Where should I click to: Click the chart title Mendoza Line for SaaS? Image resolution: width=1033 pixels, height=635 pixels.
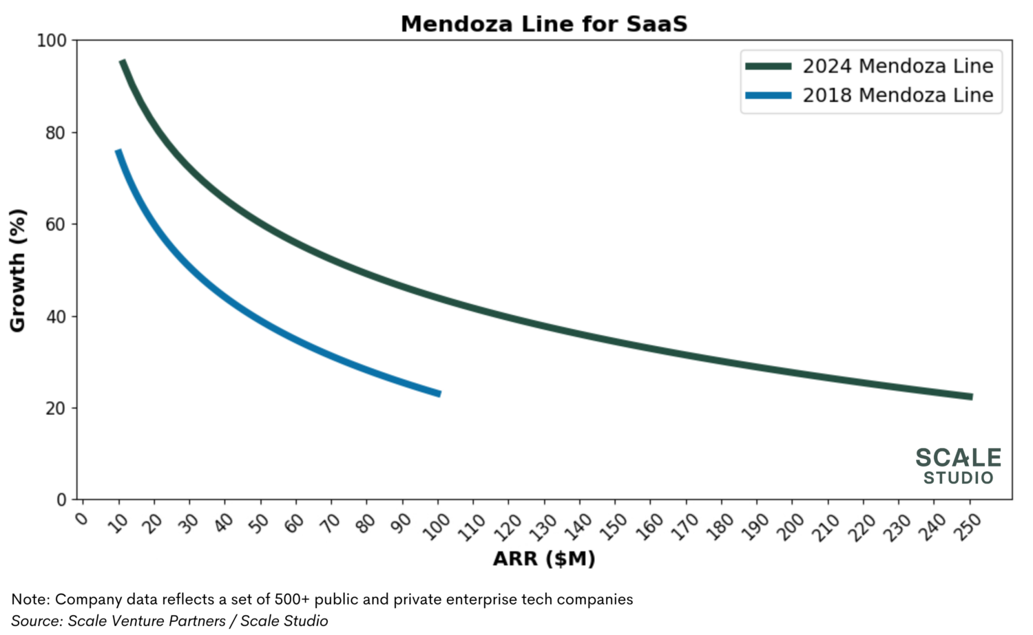click(x=543, y=24)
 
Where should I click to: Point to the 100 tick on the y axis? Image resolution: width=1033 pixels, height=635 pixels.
click(x=52, y=41)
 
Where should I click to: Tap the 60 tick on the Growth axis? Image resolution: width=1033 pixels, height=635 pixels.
click(x=55, y=224)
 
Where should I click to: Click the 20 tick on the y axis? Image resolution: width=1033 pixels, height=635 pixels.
click(x=55, y=408)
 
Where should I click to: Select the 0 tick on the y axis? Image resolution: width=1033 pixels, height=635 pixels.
click(x=61, y=500)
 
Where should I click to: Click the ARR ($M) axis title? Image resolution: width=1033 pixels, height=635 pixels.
click(x=543, y=559)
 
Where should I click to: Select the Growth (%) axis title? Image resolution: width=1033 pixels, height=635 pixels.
click(x=18, y=270)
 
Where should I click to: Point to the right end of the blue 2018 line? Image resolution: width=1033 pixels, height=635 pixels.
click(x=439, y=394)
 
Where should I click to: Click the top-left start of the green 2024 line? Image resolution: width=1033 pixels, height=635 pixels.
click(x=123, y=62)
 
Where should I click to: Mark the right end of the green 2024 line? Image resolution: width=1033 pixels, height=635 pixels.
click(x=970, y=396)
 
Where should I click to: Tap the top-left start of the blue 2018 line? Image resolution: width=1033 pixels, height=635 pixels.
click(x=118, y=151)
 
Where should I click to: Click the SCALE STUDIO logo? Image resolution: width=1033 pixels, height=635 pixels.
click(x=958, y=466)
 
